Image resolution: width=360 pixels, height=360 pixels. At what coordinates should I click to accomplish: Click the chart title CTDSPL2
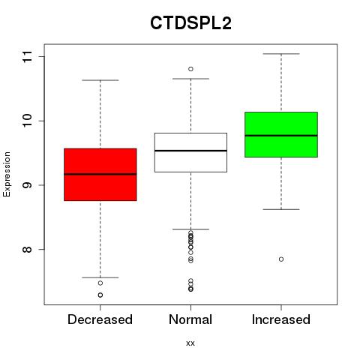(190, 23)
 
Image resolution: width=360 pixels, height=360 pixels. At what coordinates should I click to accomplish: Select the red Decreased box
(100, 175)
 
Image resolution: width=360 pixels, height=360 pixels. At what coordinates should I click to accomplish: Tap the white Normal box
(190, 152)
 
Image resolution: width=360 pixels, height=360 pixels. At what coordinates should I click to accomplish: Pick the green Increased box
(281, 134)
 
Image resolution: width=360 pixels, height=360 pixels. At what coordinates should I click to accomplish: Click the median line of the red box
(100, 174)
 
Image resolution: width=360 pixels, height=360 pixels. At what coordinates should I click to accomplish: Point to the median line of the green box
(281, 136)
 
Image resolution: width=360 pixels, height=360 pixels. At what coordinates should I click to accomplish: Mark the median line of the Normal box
(190, 151)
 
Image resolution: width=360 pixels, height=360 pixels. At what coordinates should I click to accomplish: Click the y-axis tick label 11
(28, 57)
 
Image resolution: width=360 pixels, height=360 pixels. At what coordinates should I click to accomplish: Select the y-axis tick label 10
(28, 121)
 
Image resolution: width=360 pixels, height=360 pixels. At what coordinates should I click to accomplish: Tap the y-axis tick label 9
(28, 185)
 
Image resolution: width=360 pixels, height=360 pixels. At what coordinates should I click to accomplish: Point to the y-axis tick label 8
(28, 249)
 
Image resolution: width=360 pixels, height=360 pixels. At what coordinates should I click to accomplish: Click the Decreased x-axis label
(100, 319)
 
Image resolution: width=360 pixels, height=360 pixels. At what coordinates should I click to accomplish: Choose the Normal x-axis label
(190, 319)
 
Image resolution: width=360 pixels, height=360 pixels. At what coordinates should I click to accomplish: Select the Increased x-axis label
(281, 319)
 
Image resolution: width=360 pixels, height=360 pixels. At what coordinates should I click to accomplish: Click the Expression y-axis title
(7, 174)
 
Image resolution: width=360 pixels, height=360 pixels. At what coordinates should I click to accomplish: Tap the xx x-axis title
(190, 343)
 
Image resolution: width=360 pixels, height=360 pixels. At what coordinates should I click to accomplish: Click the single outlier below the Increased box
(281, 259)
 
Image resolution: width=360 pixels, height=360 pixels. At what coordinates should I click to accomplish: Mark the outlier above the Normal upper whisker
(190, 69)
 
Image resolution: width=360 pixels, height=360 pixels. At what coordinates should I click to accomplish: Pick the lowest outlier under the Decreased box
(100, 295)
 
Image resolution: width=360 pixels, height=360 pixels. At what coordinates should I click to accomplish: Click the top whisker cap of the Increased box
(281, 54)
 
